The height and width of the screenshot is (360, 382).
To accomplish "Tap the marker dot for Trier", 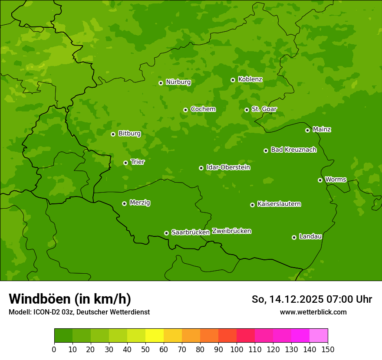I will pos(126,163).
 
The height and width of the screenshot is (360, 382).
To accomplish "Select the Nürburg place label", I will pos(178,82).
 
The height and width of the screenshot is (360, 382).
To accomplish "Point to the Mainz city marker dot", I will pos(307,130).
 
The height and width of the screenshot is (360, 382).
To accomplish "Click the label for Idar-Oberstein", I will pos(228,167).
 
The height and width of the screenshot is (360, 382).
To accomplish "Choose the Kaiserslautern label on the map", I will pos(279,204).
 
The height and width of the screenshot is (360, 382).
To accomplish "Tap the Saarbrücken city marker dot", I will pos(166,233).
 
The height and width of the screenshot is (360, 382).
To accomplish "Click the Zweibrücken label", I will pos(231,231).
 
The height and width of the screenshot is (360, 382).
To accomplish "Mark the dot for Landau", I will pos(294,237).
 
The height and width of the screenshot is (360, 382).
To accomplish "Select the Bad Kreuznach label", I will pos(293,150).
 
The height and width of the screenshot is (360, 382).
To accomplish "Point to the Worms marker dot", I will pos(320,180).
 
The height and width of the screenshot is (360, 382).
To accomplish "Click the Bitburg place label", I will pos(129,134).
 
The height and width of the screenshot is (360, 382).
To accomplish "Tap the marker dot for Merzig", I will pos(124,203).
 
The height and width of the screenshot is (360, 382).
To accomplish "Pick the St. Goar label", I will pos(264,109).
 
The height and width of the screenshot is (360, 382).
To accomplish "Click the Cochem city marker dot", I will pos(185,110).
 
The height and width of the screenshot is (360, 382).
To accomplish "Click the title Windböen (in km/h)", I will pos(69,299).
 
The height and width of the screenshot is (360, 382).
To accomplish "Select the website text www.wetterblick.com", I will pos(313,312).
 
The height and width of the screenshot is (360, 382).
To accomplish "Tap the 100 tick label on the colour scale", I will pos(237,349).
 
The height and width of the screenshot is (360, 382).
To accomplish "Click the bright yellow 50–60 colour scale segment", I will pos(155,336).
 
